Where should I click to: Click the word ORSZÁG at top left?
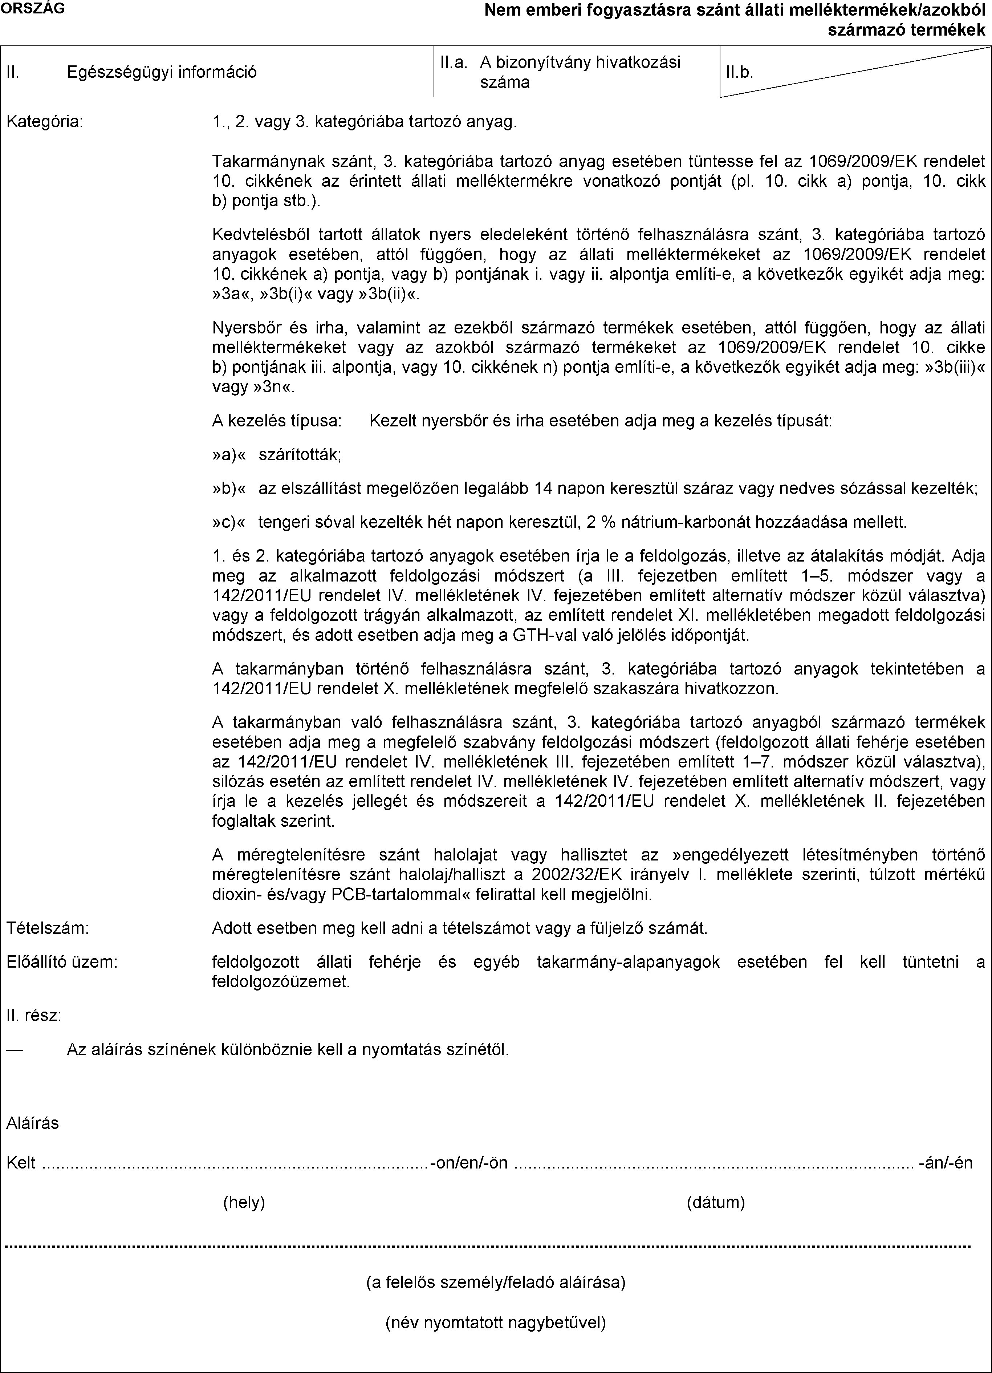point(34,8)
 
